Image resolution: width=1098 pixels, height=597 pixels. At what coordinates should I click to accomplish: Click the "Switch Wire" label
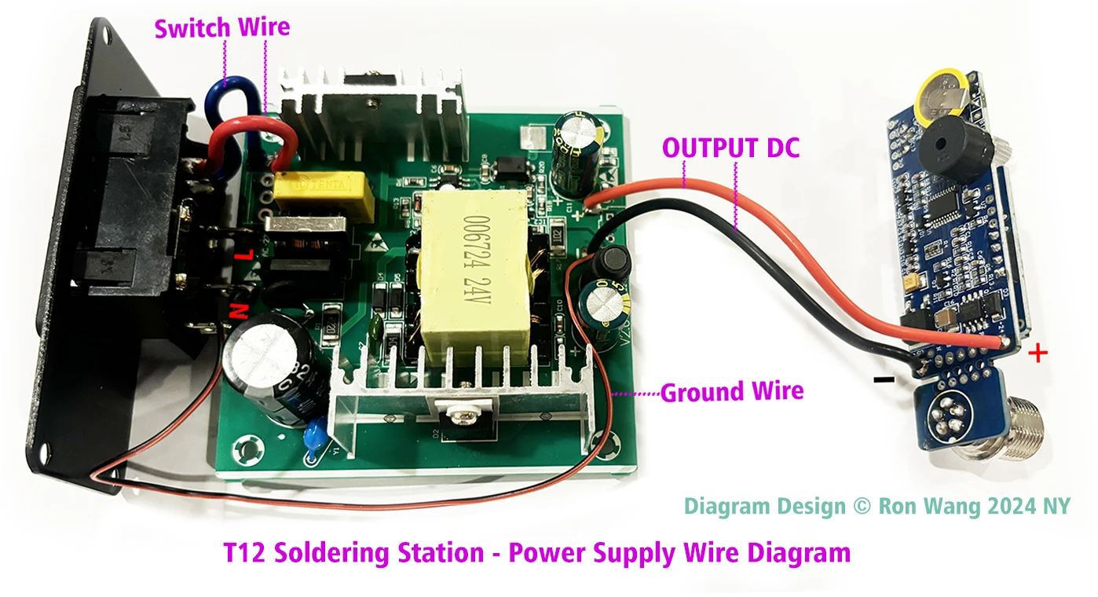coord(222,28)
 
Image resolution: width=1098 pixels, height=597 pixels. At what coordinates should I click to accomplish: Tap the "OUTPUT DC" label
coord(730,148)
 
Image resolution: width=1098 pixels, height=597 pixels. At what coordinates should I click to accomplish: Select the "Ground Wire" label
coord(732,391)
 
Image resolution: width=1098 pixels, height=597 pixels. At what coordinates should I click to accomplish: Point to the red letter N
coord(236,312)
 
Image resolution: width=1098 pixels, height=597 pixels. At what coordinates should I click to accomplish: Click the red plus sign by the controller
coord(1038,354)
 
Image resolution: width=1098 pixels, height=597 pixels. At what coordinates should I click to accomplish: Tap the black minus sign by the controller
coord(884,380)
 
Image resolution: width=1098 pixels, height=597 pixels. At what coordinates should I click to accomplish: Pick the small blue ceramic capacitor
coord(317,433)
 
